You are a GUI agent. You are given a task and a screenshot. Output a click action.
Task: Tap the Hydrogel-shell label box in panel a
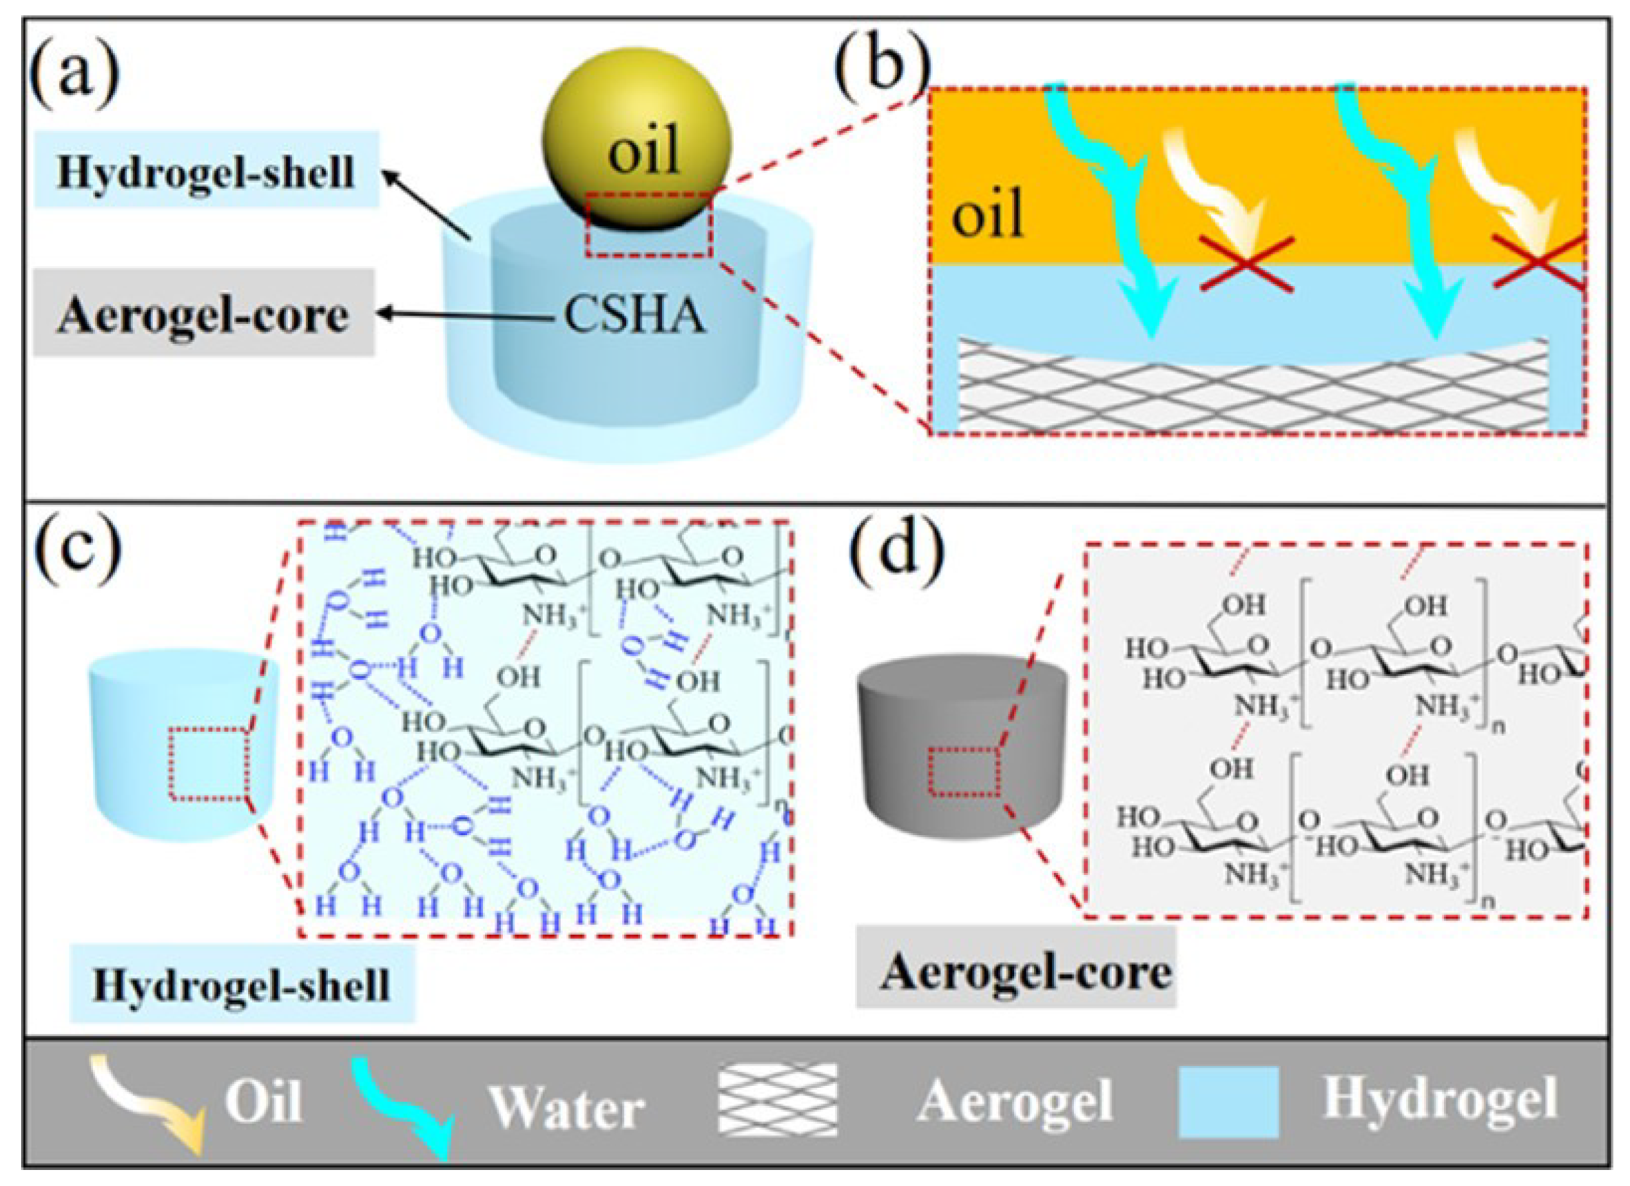click(x=207, y=171)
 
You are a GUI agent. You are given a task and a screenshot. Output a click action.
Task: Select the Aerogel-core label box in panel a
click(x=203, y=314)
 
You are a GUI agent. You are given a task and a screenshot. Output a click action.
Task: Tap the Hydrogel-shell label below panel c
click(x=242, y=984)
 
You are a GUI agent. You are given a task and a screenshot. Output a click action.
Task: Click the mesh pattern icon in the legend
click(x=777, y=1100)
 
